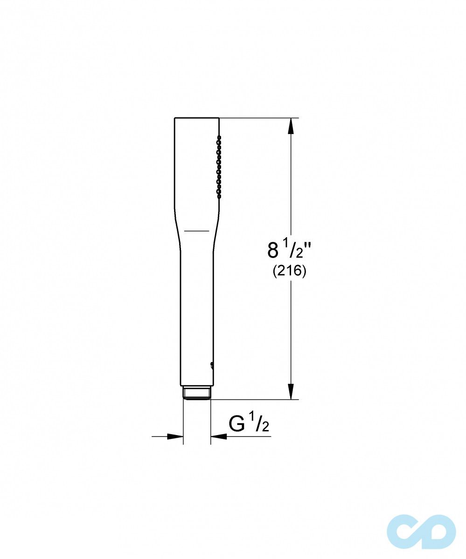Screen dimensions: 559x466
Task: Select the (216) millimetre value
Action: [x=289, y=272]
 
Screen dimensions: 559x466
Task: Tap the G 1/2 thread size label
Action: [x=249, y=424]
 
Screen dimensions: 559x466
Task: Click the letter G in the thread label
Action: [x=236, y=424]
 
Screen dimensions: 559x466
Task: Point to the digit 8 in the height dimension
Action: [x=273, y=251]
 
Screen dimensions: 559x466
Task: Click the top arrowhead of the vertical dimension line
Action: [x=291, y=126]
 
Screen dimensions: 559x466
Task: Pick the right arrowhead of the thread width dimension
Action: [x=218, y=436]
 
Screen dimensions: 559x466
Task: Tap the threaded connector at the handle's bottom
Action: [x=196, y=393]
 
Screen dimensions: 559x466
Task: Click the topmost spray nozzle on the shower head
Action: [x=219, y=137]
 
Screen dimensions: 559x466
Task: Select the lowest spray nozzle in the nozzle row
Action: [x=219, y=197]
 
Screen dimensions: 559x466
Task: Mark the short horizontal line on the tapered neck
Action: [x=196, y=231]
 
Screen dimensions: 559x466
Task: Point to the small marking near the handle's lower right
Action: [x=212, y=364]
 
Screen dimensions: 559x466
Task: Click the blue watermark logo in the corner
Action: [x=421, y=531]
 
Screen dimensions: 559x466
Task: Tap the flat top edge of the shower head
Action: [x=196, y=118]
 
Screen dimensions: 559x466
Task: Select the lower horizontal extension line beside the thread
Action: [x=254, y=399]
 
